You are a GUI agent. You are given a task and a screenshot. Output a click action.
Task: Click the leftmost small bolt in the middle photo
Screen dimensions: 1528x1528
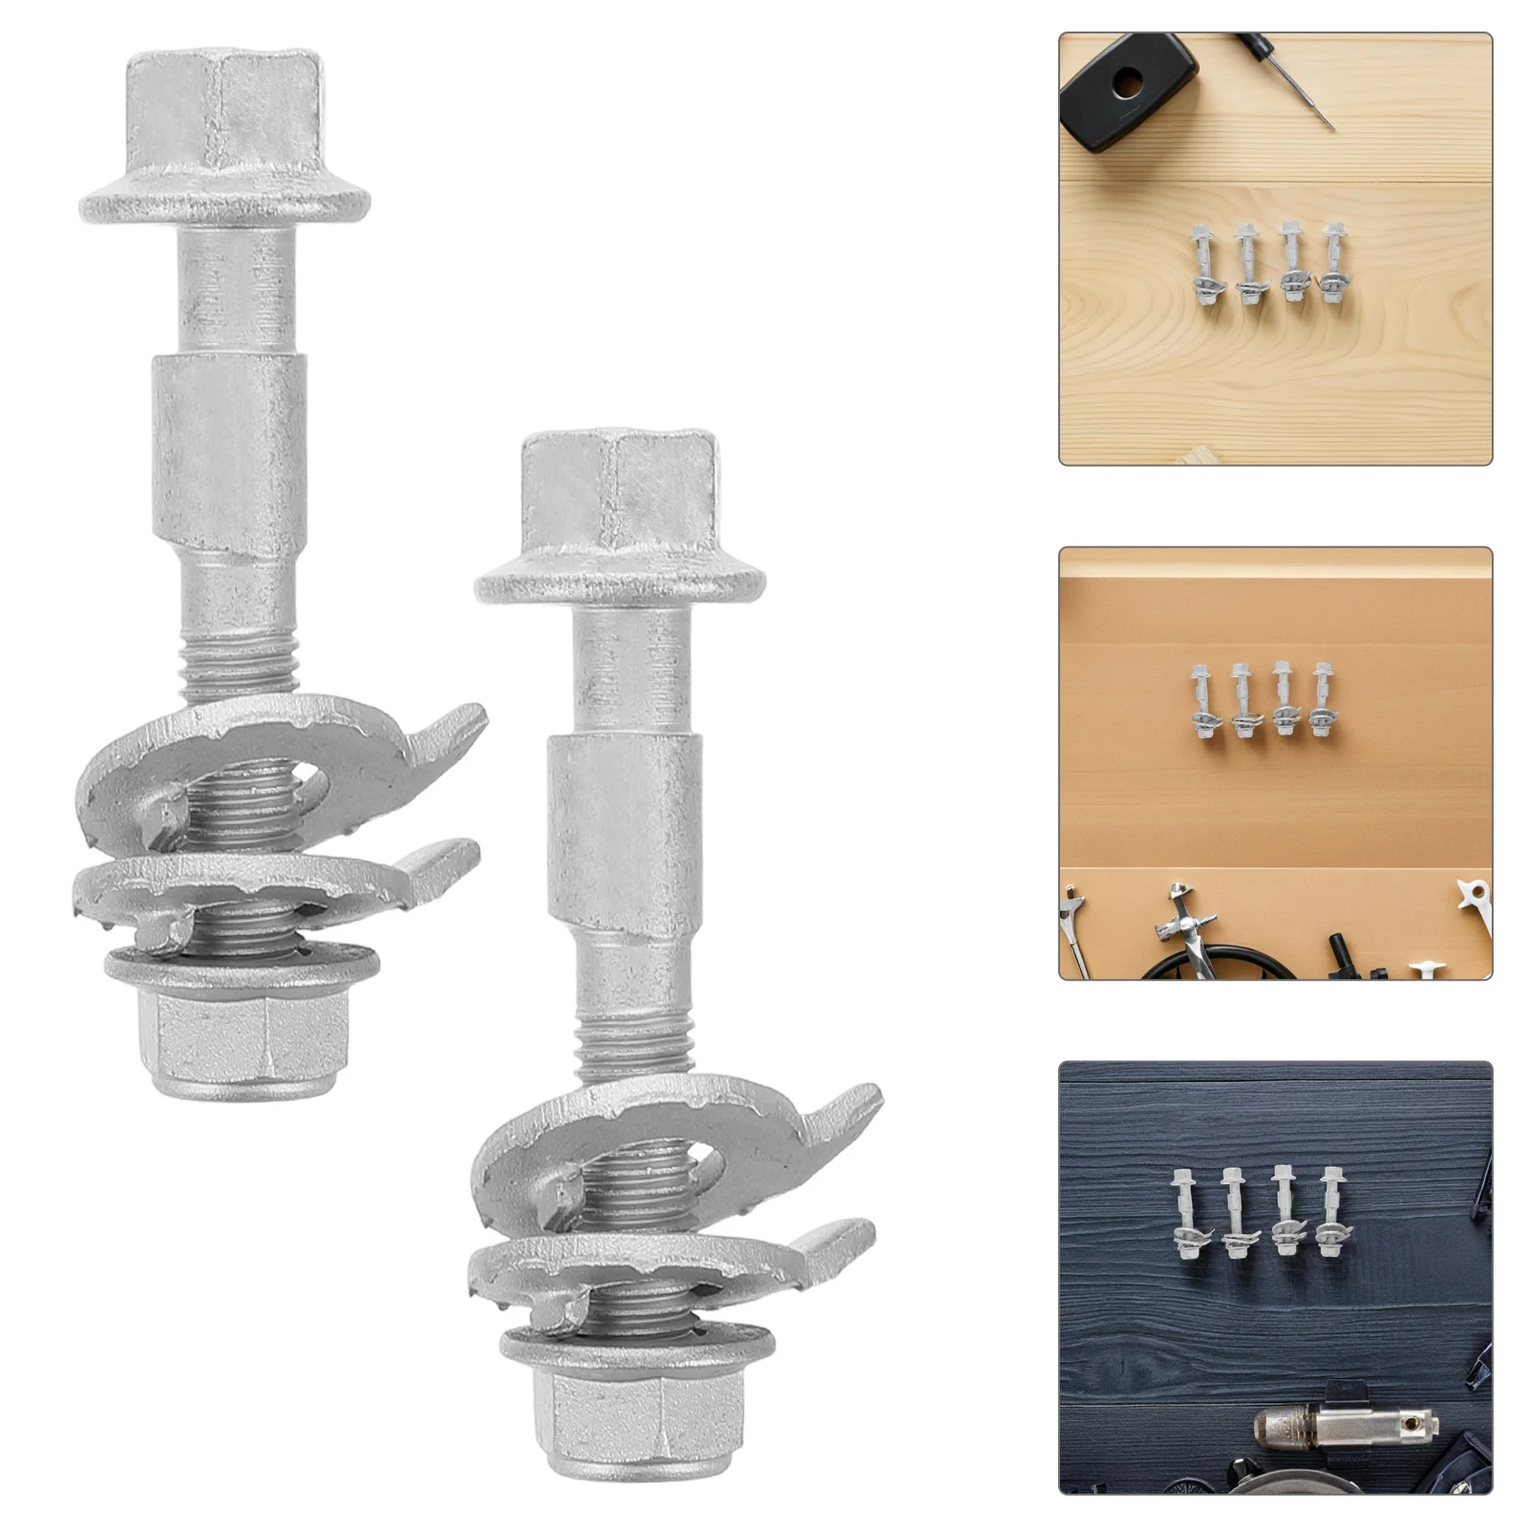[1201, 702]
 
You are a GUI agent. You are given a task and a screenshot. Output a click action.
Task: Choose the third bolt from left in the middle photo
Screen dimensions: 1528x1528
[1283, 703]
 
